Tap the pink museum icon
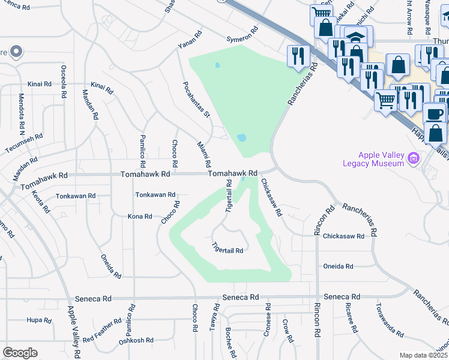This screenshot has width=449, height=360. click(412, 158)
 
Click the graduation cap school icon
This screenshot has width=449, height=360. click(356, 37)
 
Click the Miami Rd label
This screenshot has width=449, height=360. click(204, 154)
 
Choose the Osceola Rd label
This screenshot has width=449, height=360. click(64, 79)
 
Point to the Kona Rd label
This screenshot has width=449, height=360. click(140, 216)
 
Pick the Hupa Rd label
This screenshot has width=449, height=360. click(38, 320)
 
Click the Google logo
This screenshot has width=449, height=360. click(20, 353)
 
